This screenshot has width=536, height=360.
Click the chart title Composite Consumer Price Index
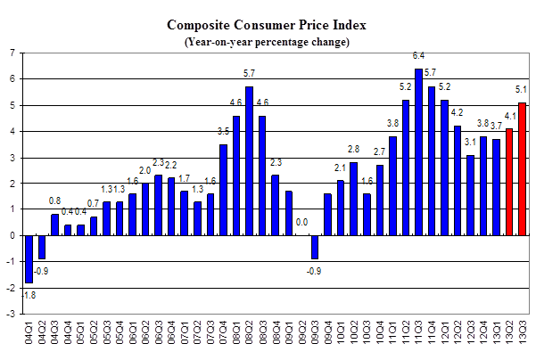tap(268, 26)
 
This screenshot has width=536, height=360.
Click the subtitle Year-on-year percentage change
tap(268, 41)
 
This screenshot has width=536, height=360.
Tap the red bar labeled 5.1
tap(522, 169)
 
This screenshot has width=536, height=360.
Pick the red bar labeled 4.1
tap(509, 183)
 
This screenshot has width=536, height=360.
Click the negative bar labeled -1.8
tap(29, 259)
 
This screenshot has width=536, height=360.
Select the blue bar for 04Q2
tap(42, 247)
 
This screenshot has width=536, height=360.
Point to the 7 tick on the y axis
tap(11, 53)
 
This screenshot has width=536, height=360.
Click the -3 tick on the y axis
tap(9, 315)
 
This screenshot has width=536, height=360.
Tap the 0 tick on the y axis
tap(11, 236)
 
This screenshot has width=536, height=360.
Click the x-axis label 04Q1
tap(29, 337)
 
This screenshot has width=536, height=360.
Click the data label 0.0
tap(301, 223)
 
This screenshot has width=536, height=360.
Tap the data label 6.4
tap(418, 56)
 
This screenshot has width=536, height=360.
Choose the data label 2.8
tap(353, 150)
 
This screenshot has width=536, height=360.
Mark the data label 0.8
tap(55, 201)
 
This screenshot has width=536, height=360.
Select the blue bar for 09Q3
tap(314, 247)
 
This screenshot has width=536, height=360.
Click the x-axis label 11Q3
tap(418, 337)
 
